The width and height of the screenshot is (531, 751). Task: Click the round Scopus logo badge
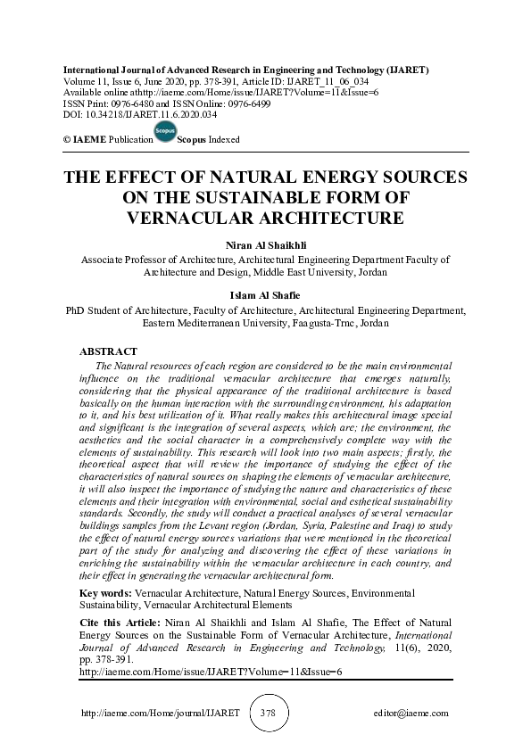165,133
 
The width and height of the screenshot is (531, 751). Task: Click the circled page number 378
267,714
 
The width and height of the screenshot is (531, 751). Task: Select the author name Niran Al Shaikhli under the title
265,244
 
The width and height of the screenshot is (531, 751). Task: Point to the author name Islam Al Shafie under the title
265,295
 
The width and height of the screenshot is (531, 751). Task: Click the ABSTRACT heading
108,352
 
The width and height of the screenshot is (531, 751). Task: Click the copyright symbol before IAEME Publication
67,141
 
